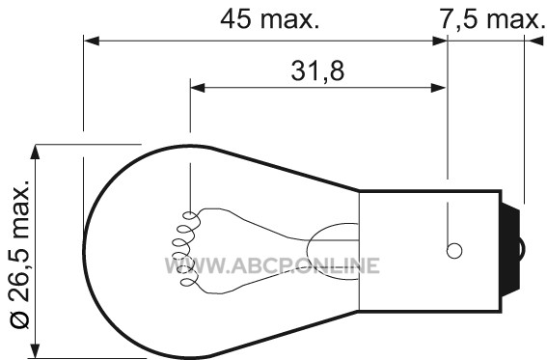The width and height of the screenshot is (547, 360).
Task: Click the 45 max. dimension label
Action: pos(270,19)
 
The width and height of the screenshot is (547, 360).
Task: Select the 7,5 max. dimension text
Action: pos(492,19)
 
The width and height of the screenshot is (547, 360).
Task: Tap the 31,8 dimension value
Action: pos(317,70)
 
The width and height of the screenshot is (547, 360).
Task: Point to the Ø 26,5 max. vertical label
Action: pos(19,255)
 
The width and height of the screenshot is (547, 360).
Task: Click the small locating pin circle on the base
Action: pos(454,251)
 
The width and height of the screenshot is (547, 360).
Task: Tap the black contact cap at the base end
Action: pos(510,250)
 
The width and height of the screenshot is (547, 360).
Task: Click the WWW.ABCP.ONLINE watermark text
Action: pos(272,265)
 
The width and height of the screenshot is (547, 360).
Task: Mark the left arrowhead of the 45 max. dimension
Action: pos(92,41)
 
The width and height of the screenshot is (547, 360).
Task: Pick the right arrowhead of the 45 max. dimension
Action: pos(440,41)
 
